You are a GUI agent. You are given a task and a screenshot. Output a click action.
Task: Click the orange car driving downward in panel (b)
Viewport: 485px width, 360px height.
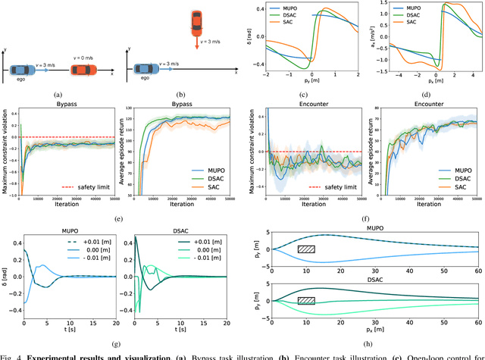coord(196,23)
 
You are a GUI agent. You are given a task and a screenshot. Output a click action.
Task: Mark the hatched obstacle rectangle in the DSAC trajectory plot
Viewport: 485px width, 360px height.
coord(306,300)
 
